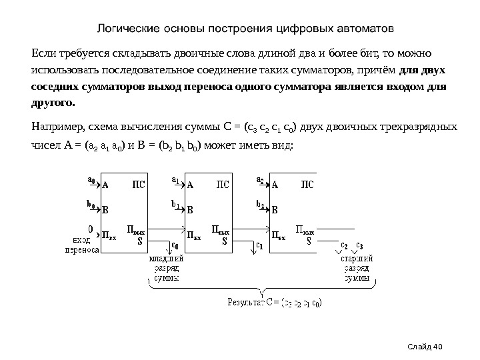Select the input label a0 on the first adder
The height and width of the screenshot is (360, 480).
point(91,179)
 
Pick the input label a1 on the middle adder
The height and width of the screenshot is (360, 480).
point(175,180)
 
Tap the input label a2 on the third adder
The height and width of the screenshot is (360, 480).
point(260,180)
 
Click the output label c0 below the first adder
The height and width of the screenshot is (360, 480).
point(175,245)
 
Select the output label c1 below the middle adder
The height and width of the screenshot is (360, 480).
point(260,245)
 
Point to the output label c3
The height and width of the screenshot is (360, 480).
point(360,245)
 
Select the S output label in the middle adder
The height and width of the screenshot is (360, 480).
point(224,242)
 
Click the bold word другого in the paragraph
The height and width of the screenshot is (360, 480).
point(54,103)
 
